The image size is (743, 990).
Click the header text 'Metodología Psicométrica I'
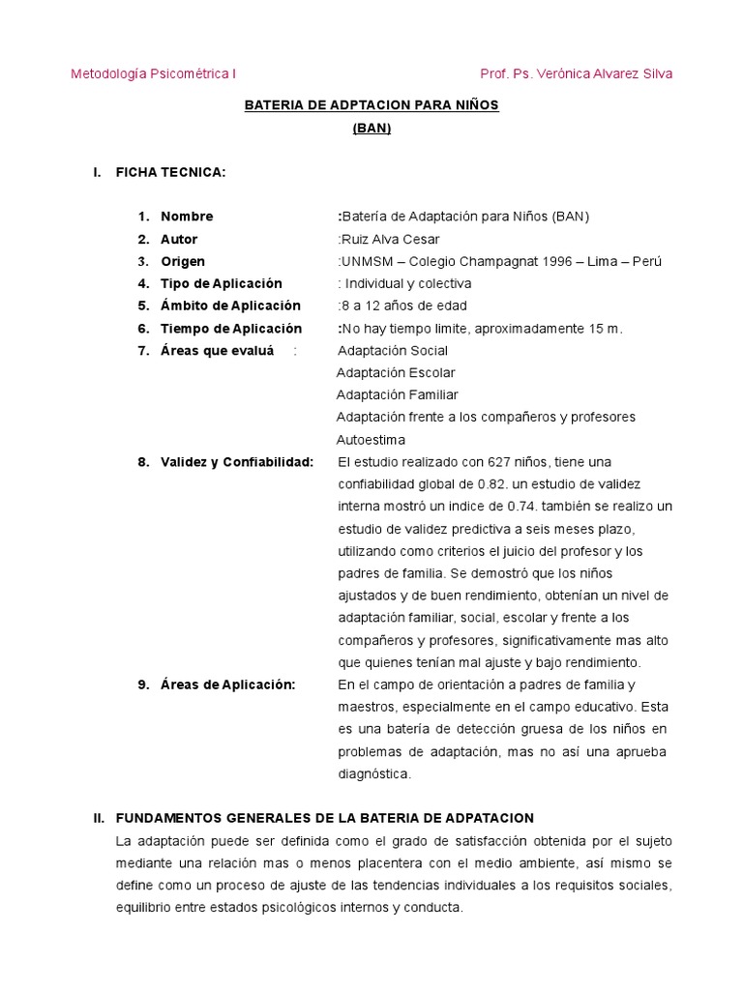pyautogui.click(x=154, y=73)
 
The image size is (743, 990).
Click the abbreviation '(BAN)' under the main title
pyautogui.click(x=371, y=128)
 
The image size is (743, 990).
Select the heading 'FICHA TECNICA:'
pyautogui.click(x=170, y=172)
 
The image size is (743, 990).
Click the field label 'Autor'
pyautogui.click(x=179, y=239)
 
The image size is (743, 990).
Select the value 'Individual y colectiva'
pyautogui.click(x=408, y=283)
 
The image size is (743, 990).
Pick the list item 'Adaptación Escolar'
pyautogui.click(x=396, y=372)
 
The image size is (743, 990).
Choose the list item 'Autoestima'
pyautogui.click(x=371, y=439)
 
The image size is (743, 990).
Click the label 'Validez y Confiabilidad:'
pyautogui.click(x=237, y=461)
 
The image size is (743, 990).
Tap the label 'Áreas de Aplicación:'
pyautogui.click(x=227, y=684)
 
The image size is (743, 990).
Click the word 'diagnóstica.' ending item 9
pyautogui.click(x=374, y=773)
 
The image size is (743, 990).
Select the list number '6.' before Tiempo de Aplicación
pyautogui.click(x=143, y=328)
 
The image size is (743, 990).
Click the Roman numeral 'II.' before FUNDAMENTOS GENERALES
pyautogui.click(x=99, y=818)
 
